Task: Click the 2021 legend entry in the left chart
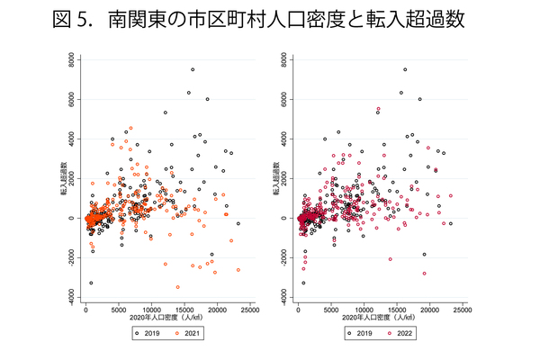[x=185, y=332]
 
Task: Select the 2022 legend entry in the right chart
[x=398, y=332]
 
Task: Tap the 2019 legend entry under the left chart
[x=146, y=332]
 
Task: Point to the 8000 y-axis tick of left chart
[x=72, y=59]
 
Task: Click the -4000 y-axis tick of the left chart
[x=72, y=297]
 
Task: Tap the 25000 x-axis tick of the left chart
[x=250, y=310]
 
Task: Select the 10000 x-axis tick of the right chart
[x=364, y=310]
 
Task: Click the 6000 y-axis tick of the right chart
[x=285, y=99]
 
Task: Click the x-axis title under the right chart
[x=380, y=319]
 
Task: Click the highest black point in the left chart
[x=193, y=69]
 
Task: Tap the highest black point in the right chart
[x=405, y=69]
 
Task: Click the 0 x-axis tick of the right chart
[x=299, y=310]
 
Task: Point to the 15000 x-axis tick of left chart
[x=184, y=310]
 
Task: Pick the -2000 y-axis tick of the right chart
[x=285, y=257]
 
